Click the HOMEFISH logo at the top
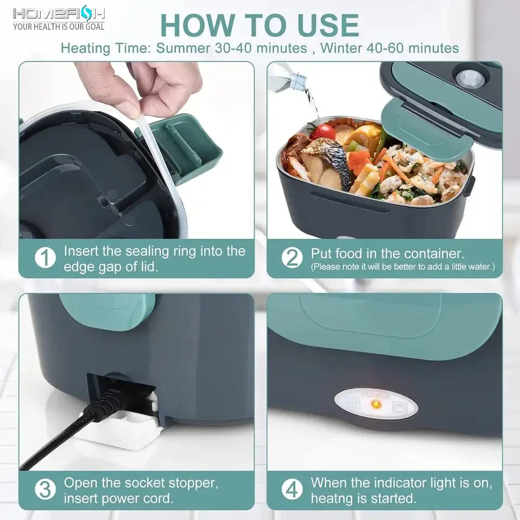coord(59,13)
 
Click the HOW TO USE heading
coord(259,25)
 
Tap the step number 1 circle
coord(45,258)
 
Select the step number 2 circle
coord(292,258)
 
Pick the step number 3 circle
coord(45,490)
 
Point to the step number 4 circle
coord(292,490)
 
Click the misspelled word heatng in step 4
coord(332,498)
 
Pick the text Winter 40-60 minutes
coord(389,48)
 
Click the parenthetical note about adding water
coord(402,267)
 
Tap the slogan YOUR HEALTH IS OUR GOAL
coord(58,26)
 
